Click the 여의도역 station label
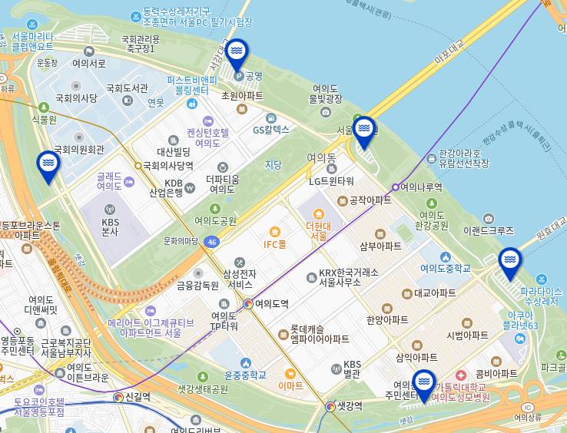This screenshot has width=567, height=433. click(x=272, y=304)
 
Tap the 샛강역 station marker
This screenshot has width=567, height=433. click(x=330, y=406)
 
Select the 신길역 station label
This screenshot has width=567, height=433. click(x=138, y=397)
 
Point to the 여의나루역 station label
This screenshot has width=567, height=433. click(x=421, y=187)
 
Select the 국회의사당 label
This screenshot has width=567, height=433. click(x=76, y=98)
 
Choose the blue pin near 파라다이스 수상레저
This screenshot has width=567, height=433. click(x=509, y=263)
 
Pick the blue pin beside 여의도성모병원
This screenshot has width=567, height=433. click(x=423, y=385)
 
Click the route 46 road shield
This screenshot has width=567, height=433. click(x=212, y=241)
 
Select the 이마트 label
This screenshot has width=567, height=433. click(x=290, y=385)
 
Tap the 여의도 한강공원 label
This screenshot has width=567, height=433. click(x=431, y=220)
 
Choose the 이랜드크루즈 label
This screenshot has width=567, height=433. click(x=488, y=230)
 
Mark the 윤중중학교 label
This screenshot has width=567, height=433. click(x=245, y=375)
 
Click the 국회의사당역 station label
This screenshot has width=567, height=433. click(x=167, y=165)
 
